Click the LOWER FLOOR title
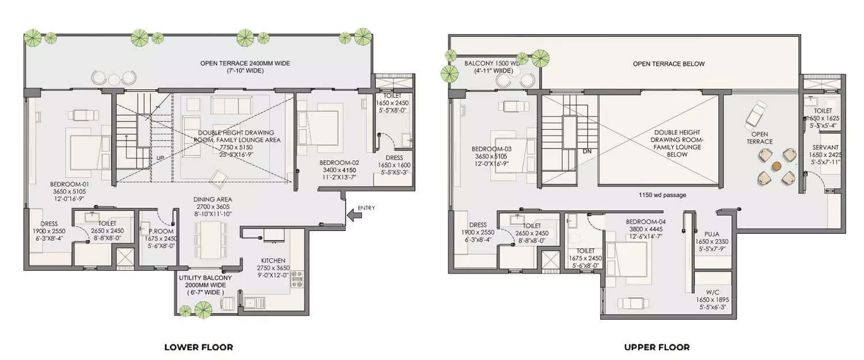199,347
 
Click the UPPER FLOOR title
657,347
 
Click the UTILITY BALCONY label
205,278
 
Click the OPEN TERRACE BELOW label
668,64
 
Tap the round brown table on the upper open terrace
776,166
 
